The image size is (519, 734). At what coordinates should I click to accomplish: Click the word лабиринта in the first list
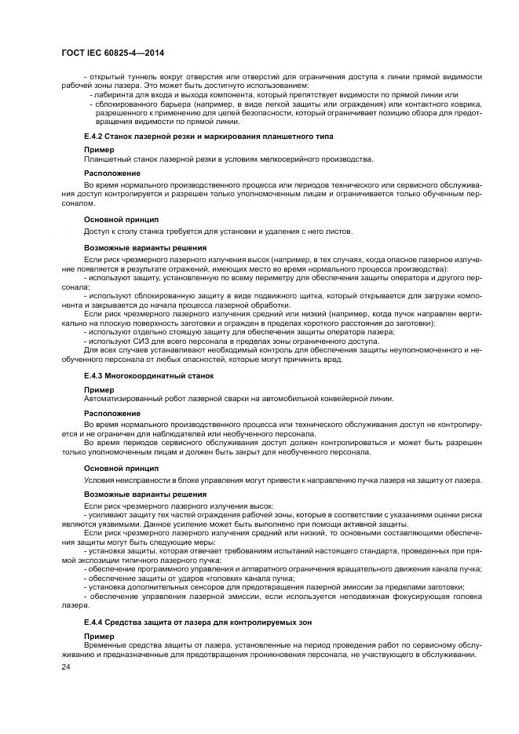pos(115,94)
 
